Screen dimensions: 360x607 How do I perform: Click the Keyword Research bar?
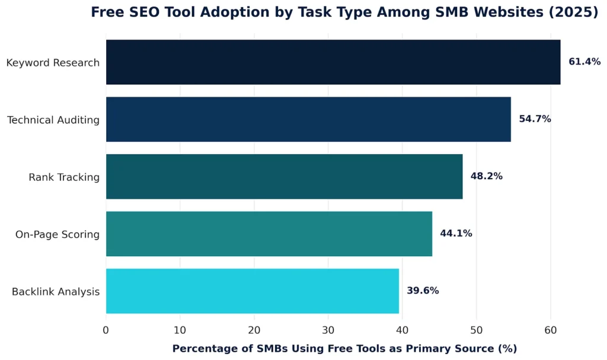coord(333,62)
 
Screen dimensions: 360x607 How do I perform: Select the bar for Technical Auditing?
coord(308,119)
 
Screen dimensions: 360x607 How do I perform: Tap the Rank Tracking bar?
coord(284,177)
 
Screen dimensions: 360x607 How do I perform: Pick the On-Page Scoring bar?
coord(269,234)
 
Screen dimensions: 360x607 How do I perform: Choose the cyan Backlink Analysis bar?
coord(252,291)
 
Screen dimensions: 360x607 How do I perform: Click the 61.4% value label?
coord(584,62)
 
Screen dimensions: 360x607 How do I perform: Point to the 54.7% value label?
coord(535,119)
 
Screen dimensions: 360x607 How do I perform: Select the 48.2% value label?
coord(486,176)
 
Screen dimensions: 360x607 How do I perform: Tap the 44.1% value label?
coord(456,234)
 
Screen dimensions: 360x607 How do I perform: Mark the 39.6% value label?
coord(423,291)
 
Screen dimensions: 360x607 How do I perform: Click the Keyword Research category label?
coord(53,63)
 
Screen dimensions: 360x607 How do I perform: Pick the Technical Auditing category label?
coord(53,120)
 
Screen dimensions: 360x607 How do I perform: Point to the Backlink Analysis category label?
coord(56,292)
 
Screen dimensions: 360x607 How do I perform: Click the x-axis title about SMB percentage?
coord(344,349)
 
